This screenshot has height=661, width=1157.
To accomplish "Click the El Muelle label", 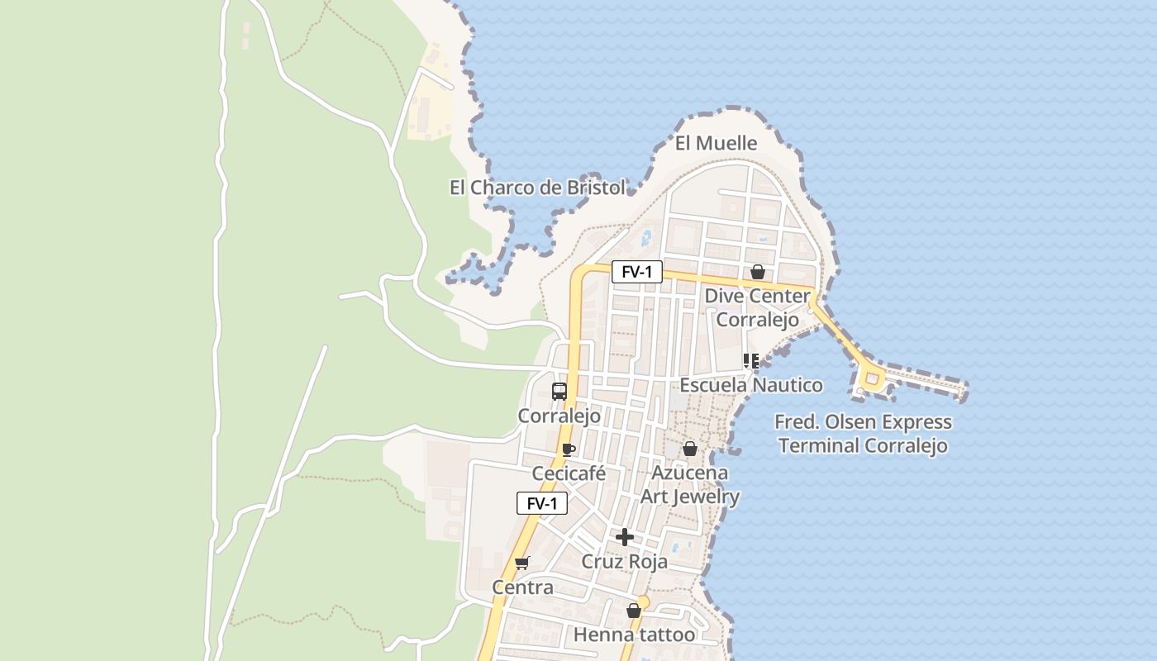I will pyautogui.click(x=716, y=143).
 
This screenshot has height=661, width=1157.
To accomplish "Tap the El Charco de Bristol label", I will pyautogui.click(x=537, y=188).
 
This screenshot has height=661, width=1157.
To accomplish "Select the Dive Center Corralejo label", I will pyautogui.click(x=757, y=307).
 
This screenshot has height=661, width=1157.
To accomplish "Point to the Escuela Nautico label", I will pyautogui.click(x=751, y=385).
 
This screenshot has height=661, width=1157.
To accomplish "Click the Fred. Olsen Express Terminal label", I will pyautogui.click(x=863, y=434).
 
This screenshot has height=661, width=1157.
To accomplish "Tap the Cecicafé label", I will pyautogui.click(x=569, y=473).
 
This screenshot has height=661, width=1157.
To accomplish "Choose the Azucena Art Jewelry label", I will pyautogui.click(x=690, y=484).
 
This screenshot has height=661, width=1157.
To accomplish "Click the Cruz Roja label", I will pyautogui.click(x=624, y=561).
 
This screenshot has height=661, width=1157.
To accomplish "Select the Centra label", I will pyautogui.click(x=522, y=587).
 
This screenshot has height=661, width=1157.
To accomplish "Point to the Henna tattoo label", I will pyautogui.click(x=634, y=635).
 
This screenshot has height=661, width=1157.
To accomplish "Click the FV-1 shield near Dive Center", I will pyautogui.click(x=636, y=272).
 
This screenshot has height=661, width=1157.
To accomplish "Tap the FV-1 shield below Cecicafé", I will pyautogui.click(x=542, y=503).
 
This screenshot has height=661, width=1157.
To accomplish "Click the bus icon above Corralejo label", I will pyautogui.click(x=559, y=391).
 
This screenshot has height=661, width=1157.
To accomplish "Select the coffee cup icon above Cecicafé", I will pyautogui.click(x=569, y=449).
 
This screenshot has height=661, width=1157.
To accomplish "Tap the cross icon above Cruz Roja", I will pyautogui.click(x=625, y=537).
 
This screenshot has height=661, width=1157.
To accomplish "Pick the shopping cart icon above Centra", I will pyautogui.click(x=521, y=564).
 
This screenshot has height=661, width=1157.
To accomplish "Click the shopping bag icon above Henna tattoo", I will pyautogui.click(x=634, y=611).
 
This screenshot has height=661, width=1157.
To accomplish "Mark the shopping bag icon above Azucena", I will pyautogui.click(x=690, y=449).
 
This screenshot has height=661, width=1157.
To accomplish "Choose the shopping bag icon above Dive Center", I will pyautogui.click(x=758, y=272).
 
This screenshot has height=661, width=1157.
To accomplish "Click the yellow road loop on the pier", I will pyautogui.click(x=871, y=379).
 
